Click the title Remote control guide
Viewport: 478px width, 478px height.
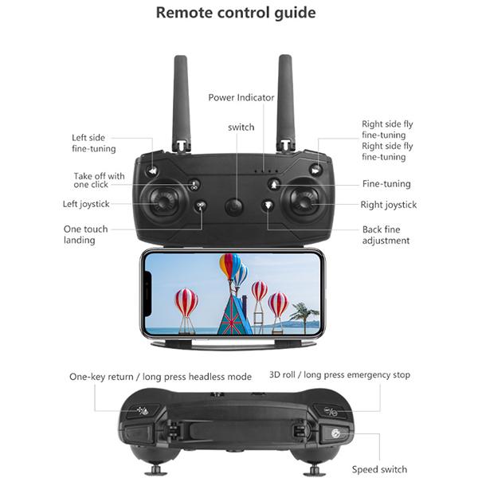[235, 13]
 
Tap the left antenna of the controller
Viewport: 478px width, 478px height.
[182, 100]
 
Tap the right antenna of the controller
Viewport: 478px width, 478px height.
[285, 100]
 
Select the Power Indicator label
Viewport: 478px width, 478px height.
[241, 98]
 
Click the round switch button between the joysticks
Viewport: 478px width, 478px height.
[233, 206]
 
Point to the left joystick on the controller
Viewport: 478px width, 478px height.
[165, 202]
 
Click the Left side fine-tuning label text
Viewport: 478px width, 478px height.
[94, 143]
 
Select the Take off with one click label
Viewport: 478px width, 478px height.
[99, 180]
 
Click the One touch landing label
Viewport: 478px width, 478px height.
[85, 235]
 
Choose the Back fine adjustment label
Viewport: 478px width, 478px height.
[386, 235]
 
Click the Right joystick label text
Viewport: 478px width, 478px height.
[389, 205]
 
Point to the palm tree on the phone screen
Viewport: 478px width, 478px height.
[304, 315]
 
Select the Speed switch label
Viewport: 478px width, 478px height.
[380, 469]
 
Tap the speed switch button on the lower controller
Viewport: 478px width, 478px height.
[335, 434]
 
